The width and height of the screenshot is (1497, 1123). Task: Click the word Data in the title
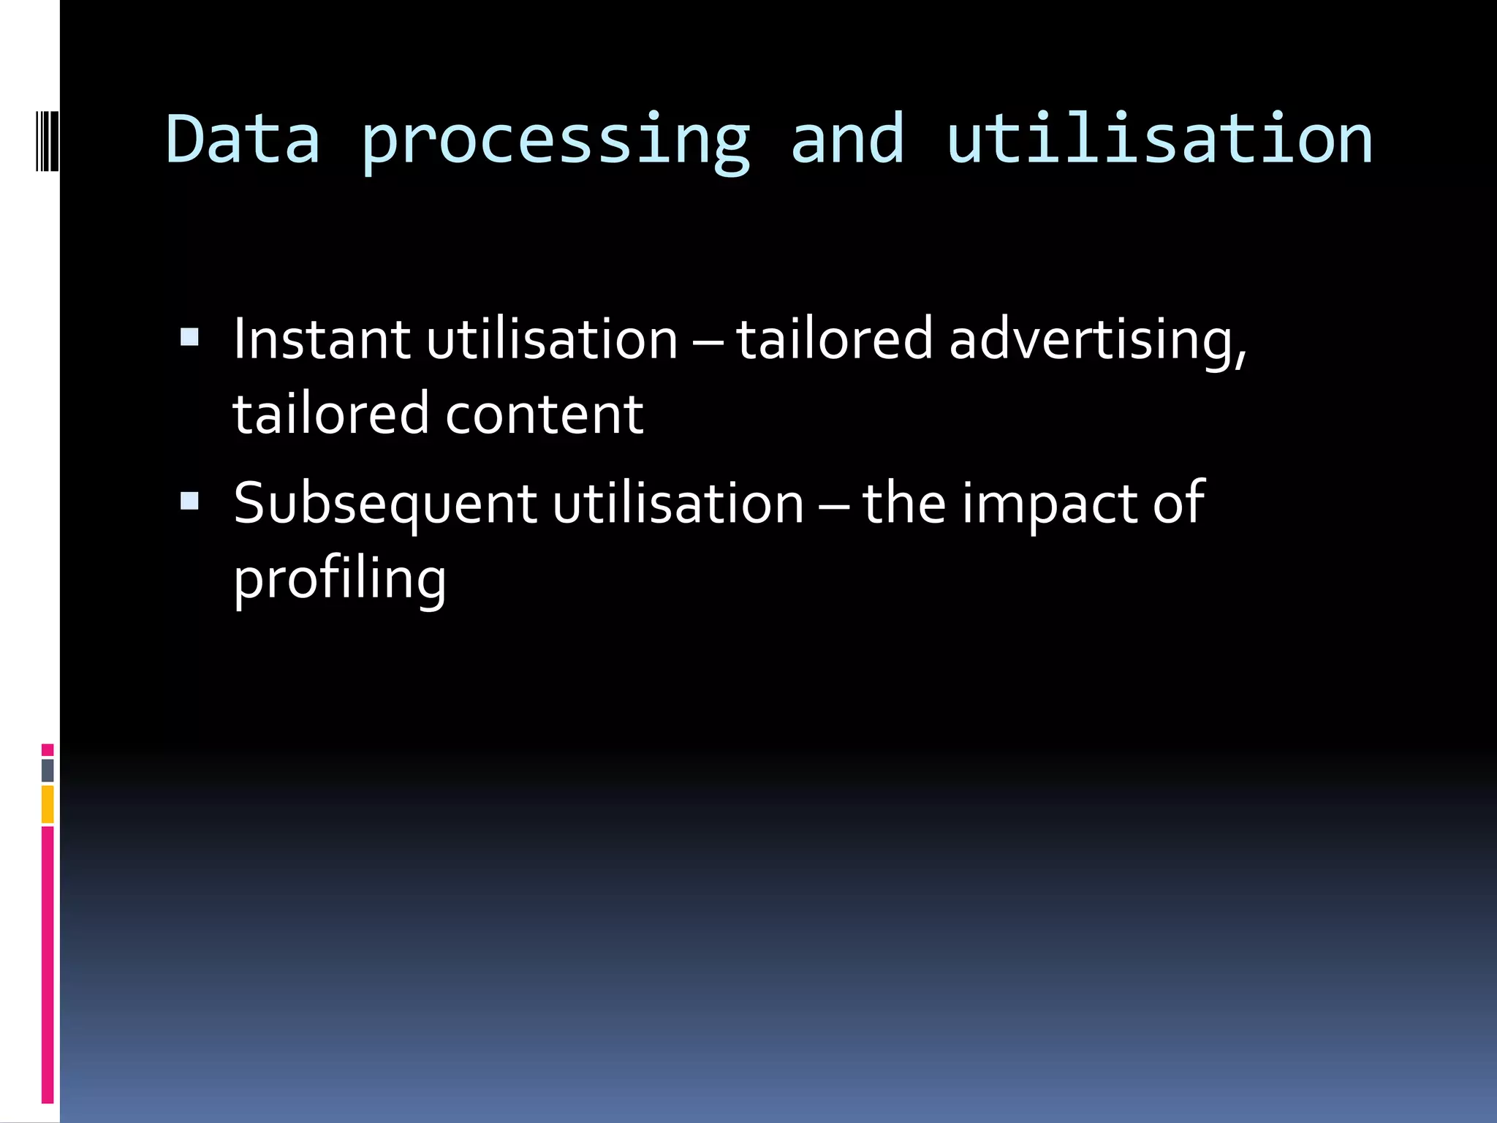(243, 139)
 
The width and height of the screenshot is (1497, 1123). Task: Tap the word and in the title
(848, 139)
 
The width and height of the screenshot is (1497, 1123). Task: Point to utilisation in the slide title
(1159, 139)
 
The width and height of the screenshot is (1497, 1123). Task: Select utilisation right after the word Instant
(553, 339)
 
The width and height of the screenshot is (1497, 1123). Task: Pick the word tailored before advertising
(834, 339)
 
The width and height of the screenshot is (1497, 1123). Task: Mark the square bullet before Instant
(189, 337)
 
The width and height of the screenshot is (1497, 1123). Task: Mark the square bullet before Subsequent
(189, 501)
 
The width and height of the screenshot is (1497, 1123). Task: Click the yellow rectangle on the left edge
(48, 804)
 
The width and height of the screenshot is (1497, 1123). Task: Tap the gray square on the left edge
(48, 770)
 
